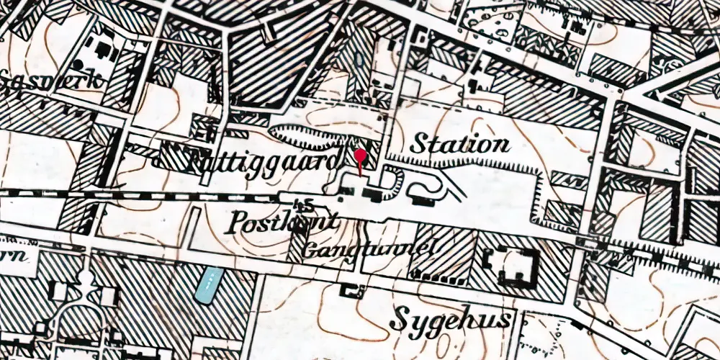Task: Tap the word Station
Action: (459, 144)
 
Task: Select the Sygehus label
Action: (454, 319)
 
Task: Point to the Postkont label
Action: (282, 222)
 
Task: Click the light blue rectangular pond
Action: (208, 284)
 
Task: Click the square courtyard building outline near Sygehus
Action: (512, 264)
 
